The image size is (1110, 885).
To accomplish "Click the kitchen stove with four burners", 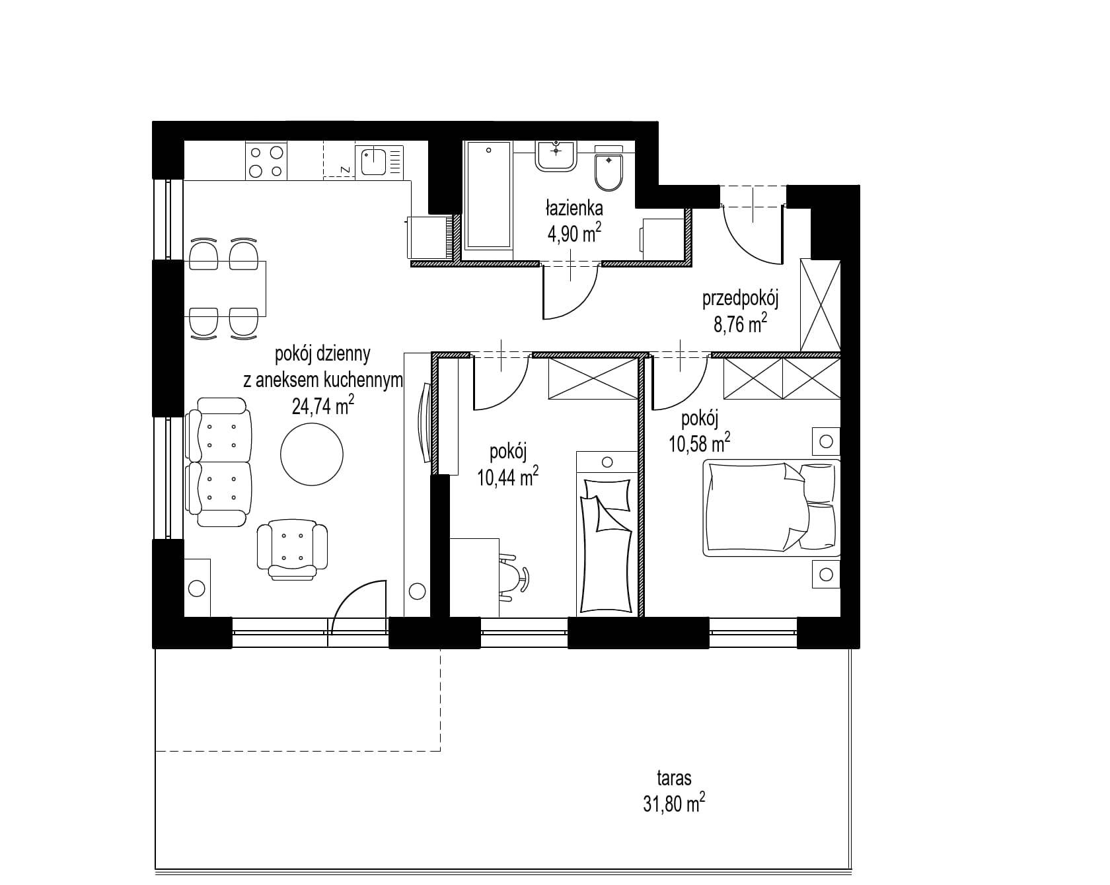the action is click(x=266, y=160).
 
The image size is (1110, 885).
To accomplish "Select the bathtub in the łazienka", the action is click(x=489, y=195).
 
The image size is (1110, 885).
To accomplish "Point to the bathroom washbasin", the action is click(x=556, y=156).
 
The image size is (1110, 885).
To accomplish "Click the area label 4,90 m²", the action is click(x=573, y=233).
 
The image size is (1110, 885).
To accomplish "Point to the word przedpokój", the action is click(x=740, y=300).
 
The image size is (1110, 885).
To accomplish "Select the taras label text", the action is click(x=674, y=778).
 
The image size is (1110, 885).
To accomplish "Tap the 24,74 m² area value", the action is click(x=322, y=405).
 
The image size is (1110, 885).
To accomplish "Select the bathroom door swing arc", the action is click(x=571, y=291).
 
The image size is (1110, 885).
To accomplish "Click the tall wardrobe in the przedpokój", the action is click(x=820, y=304).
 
